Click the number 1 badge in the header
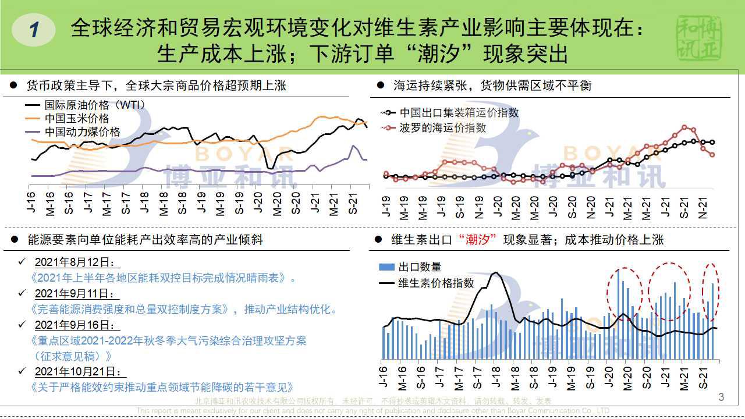[x=34, y=30]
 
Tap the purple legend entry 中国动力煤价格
[x=82, y=132]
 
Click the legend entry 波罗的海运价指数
[x=443, y=128]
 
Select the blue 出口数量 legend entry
[x=420, y=267]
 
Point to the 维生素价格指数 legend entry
[x=436, y=283]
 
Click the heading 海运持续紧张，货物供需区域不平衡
[x=492, y=86]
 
